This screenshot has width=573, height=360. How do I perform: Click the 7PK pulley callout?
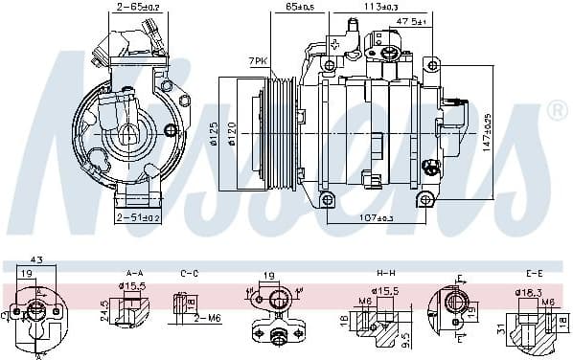pyautogui.click(x=256, y=61)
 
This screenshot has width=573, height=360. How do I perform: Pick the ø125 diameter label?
pyautogui.click(x=215, y=129)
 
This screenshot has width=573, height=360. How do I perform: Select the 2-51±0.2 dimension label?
pyautogui.click(x=138, y=218)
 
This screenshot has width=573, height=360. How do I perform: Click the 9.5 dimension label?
pyautogui.click(x=406, y=337)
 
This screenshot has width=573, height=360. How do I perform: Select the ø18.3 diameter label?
pyautogui.click(x=530, y=292)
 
